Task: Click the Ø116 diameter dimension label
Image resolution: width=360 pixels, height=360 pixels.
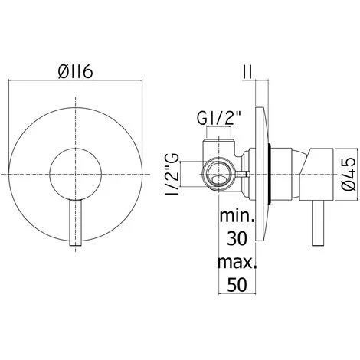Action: coord(75,72)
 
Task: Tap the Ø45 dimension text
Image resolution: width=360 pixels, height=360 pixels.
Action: coord(349,174)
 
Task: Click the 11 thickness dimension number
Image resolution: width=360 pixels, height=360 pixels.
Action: coord(247,72)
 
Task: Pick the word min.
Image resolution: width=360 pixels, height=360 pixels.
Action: coord(237,216)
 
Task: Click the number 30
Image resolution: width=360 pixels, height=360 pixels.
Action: coord(237,238)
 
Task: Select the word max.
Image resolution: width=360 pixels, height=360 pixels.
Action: coord(237,262)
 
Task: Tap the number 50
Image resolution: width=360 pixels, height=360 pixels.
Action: coord(237,285)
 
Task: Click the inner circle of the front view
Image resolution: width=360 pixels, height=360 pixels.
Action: coord(76,148)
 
